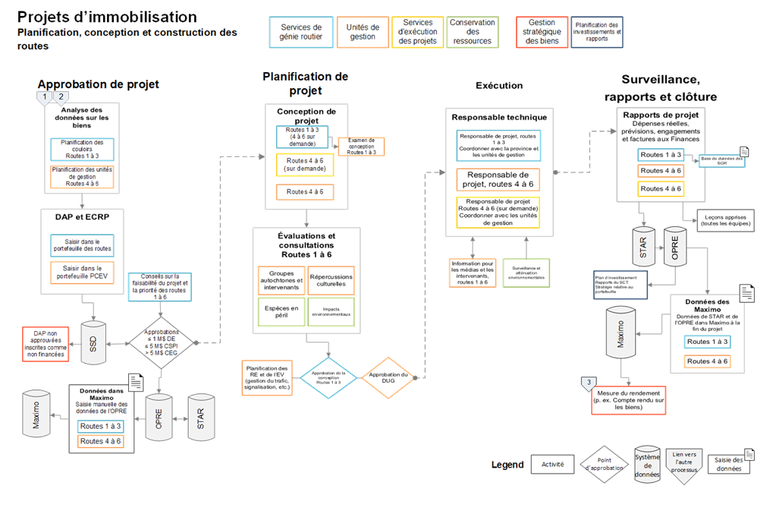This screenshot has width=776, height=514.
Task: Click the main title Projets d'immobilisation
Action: click(107, 17)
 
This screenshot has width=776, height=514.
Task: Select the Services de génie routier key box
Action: click(300, 33)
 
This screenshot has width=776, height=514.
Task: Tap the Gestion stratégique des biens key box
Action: click(542, 33)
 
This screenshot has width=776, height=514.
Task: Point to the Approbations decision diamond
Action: click(161, 342)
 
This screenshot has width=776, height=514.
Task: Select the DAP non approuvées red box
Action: click(46, 343)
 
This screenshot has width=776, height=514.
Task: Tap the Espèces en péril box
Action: click(281, 312)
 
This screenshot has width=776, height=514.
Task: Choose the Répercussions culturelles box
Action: click(331, 280)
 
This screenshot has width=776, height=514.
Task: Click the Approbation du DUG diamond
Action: click(388, 377)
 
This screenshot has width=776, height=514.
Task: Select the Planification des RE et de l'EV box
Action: click(267, 377)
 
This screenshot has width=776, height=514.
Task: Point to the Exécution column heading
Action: click(498, 87)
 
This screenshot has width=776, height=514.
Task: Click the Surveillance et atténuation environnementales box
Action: click(526, 273)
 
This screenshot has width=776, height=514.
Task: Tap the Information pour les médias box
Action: click(473, 273)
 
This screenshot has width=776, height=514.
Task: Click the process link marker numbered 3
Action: click(589, 383)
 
